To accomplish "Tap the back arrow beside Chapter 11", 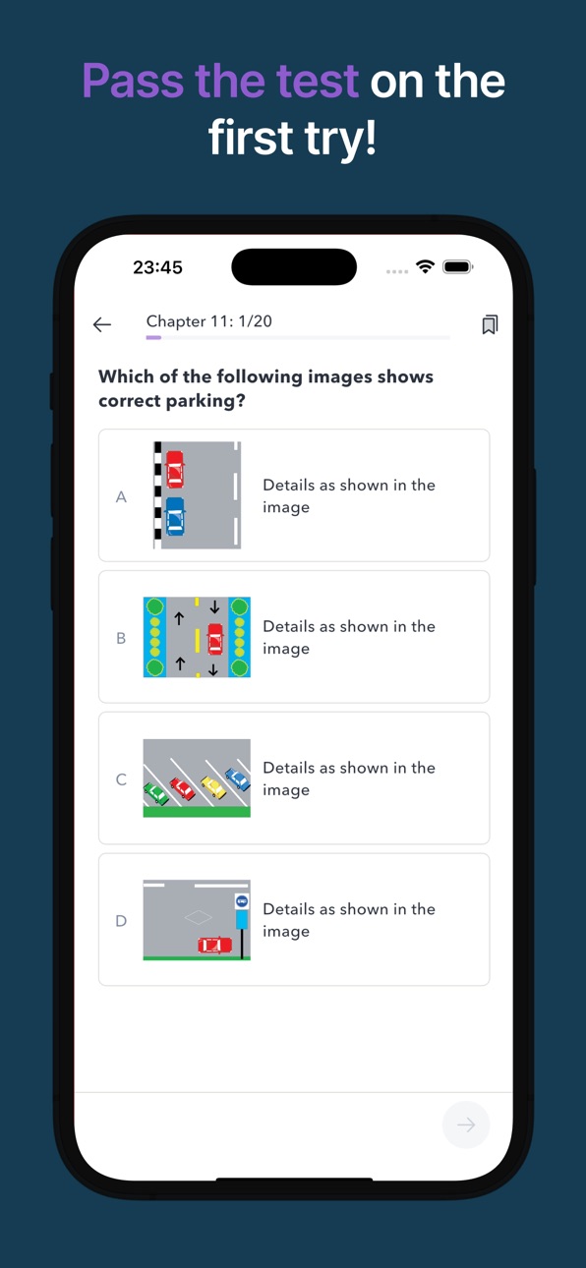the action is tap(102, 324).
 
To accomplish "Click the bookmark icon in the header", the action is tap(490, 324).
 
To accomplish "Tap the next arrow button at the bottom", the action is tap(466, 1124).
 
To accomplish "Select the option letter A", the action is tap(121, 496).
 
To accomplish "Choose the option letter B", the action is tap(121, 638).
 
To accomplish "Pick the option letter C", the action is tap(121, 779).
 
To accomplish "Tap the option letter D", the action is tap(121, 921).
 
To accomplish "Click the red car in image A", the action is tap(174, 469).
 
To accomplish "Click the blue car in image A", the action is tap(174, 516).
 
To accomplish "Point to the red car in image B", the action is tap(215, 639).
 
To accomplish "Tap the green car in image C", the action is tap(155, 792).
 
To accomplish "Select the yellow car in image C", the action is tap(213, 786).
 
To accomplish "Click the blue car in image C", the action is tap(238, 778).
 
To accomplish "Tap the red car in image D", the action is tap(214, 945).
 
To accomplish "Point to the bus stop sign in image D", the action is tap(242, 901).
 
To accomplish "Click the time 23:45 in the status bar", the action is tap(157, 267).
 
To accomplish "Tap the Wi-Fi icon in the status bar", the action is tap(425, 266).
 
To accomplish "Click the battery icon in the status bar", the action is tap(457, 266).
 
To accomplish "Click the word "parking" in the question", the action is tap(205, 401).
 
